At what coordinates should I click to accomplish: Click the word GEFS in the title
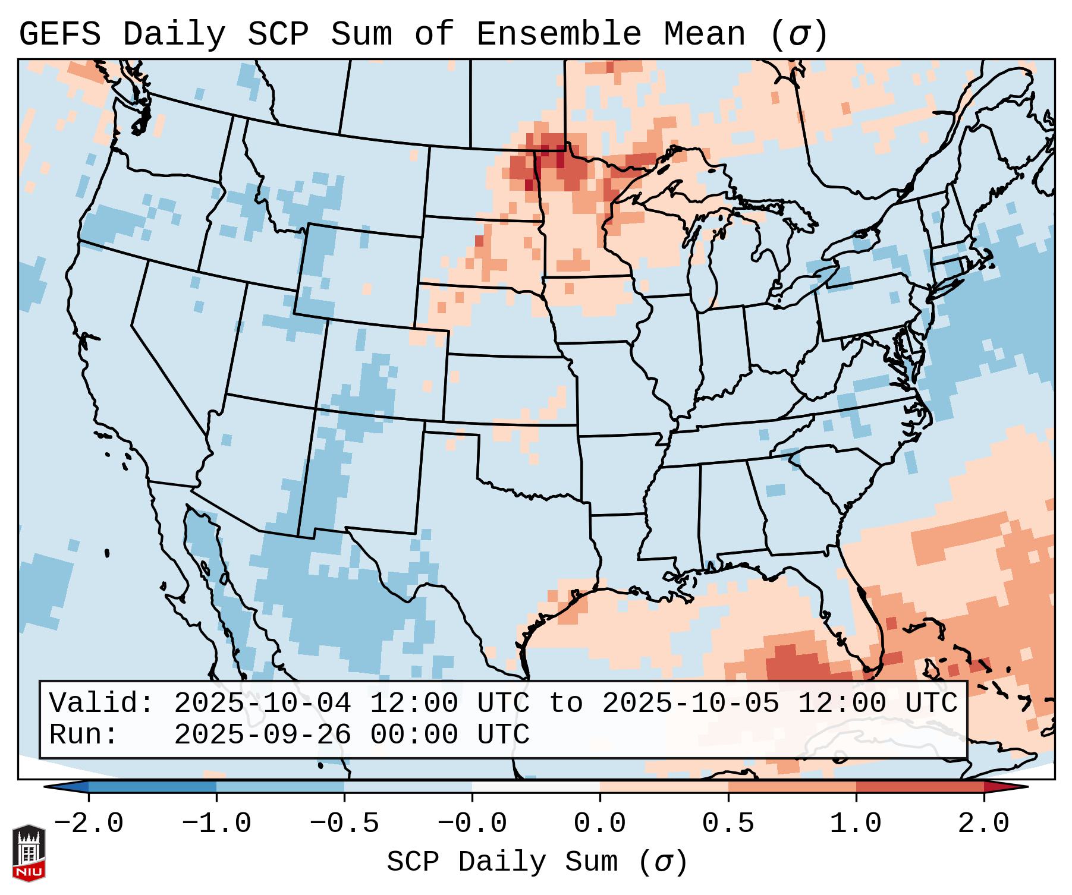point(59,34)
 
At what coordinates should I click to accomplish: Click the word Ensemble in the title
point(559,34)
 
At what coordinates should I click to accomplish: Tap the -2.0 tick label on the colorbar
point(89,824)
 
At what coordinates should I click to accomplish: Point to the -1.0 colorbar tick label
point(216,824)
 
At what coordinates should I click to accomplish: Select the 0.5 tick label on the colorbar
point(728,824)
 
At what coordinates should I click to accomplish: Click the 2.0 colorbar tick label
point(984,824)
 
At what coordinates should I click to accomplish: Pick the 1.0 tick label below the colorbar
point(856,824)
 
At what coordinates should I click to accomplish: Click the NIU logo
point(29,852)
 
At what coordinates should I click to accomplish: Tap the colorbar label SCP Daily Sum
point(502,862)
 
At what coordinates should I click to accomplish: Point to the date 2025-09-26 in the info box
point(262,735)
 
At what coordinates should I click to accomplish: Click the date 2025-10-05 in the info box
point(690,704)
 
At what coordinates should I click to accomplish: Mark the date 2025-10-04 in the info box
point(262,704)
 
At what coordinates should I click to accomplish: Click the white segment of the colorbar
point(536,787)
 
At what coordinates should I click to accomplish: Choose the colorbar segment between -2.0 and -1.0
point(152,787)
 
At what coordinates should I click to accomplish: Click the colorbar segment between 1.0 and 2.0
point(920,787)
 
